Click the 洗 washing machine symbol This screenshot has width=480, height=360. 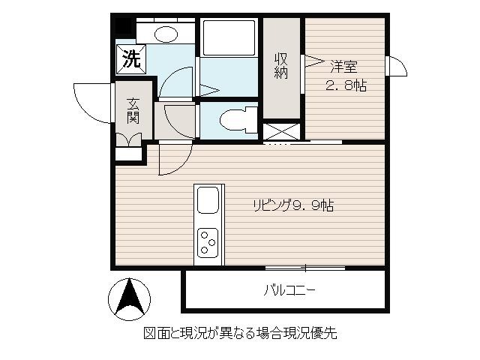coord(131,59)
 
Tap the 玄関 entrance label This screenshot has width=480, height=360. coord(133,111)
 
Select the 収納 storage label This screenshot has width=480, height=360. coord(281,65)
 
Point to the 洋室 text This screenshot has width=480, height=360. coord(343,67)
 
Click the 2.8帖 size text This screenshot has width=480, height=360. coord(346,85)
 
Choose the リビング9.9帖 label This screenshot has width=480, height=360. coord(293,205)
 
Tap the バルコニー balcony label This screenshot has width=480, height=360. coord(289,290)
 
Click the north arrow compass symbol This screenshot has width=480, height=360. coord(129,299)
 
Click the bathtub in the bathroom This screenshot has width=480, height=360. coord(229,38)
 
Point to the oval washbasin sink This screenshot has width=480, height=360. coord(166,34)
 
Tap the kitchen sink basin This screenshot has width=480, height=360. coord(208,200)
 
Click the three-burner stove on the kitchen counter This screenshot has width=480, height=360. coord(208,242)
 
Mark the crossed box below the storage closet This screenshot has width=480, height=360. coord(281,132)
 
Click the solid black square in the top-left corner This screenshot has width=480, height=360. coord(122,26)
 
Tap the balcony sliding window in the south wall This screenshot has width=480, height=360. coord(305,268)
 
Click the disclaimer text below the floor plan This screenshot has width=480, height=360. coord(240,333)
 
